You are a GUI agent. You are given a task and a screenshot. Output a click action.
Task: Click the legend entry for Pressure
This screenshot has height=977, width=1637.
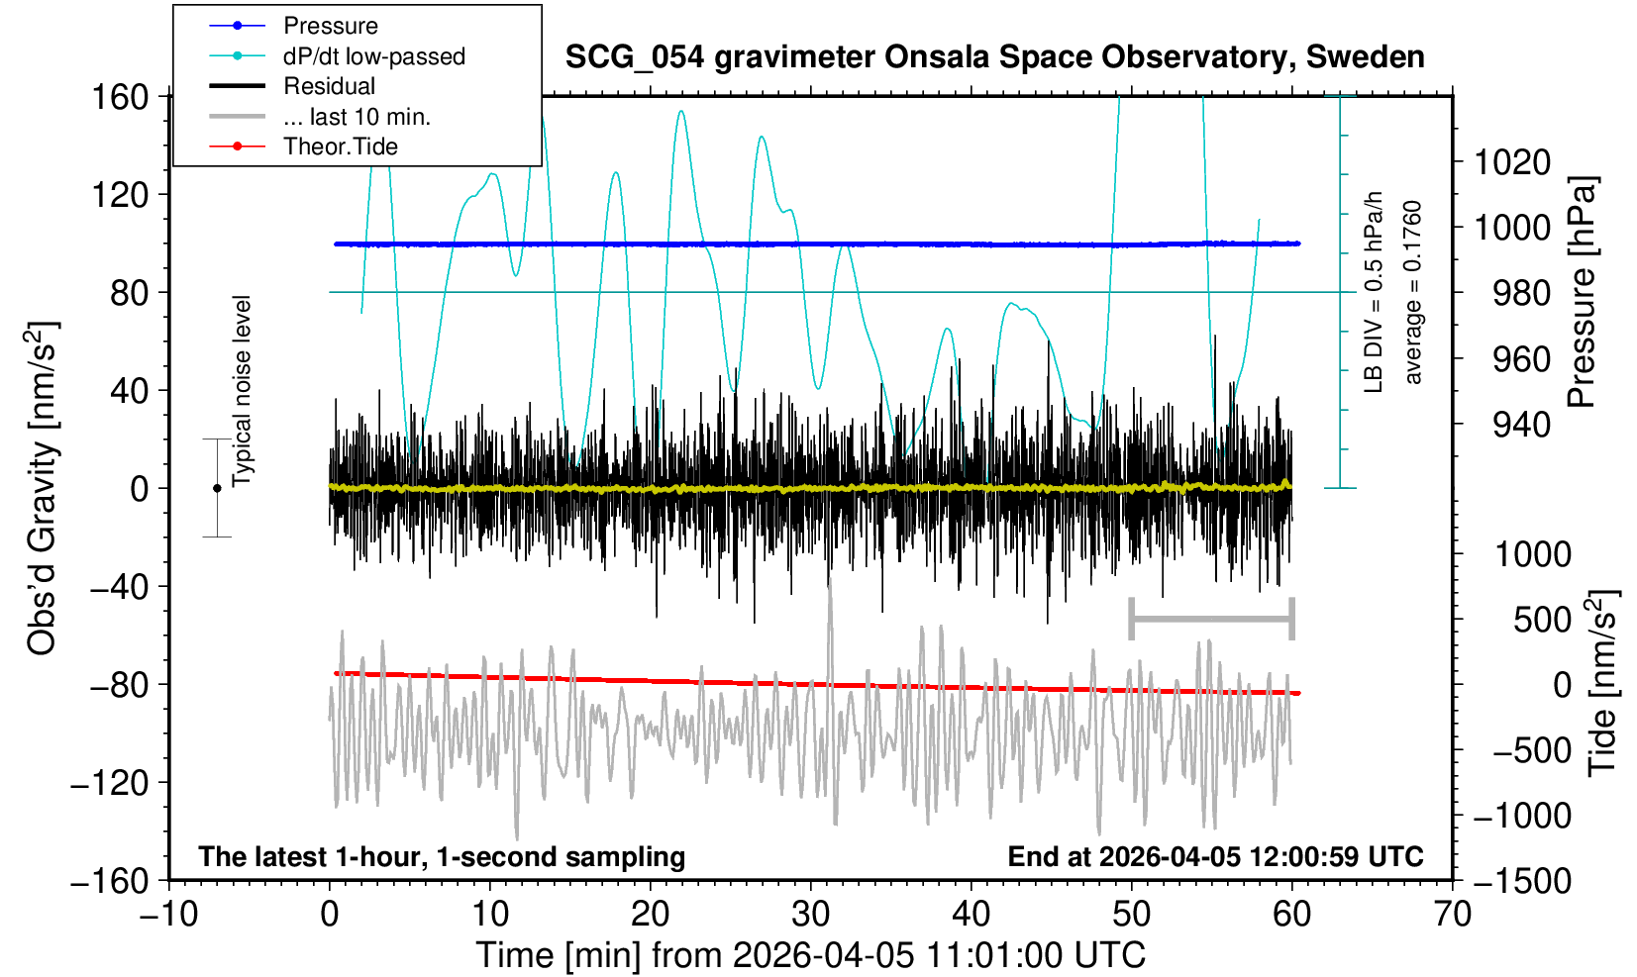330,26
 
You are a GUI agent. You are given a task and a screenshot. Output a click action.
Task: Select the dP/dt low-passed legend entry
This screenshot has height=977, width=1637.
373,56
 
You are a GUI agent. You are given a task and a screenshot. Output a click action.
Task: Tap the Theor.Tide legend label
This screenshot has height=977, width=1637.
340,147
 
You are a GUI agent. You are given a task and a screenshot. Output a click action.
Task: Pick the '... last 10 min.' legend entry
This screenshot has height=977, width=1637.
356,117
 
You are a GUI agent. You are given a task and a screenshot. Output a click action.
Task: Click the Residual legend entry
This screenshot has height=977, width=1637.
329,86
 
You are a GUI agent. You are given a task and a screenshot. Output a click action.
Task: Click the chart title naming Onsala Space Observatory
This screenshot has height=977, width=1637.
994,56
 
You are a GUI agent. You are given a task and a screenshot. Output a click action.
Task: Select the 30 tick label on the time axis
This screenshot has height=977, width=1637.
811,913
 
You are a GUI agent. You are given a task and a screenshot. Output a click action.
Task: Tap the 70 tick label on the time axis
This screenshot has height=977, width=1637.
1452,913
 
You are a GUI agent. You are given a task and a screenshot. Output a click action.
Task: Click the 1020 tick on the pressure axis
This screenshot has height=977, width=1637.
1512,161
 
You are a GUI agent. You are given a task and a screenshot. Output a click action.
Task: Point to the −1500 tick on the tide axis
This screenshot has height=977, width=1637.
1522,880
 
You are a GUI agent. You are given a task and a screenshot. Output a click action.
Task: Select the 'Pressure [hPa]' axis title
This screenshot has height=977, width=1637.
1583,292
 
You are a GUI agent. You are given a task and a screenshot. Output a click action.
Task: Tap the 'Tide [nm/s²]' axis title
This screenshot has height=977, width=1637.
1602,683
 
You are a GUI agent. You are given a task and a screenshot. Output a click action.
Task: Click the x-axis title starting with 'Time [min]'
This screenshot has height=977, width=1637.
810,955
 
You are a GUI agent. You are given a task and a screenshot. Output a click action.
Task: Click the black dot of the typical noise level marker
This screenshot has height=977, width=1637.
217,488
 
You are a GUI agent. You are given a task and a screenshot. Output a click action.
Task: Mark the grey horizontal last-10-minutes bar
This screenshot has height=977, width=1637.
1211,620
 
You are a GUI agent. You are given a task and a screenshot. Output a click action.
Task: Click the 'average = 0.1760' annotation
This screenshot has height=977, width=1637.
1412,292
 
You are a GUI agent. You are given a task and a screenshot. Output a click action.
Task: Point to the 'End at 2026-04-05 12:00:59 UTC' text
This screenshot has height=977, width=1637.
1215,856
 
